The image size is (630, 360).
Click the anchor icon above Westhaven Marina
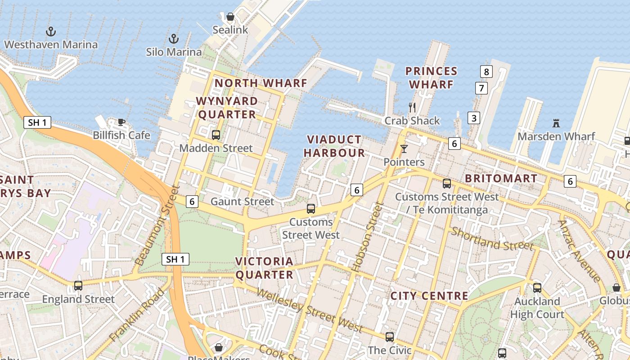pyautogui.click(x=51, y=31)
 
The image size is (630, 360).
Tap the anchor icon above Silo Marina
pyautogui.click(x=174, y=39)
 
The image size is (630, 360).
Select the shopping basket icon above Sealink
pyautogui.click(x=230, y=17)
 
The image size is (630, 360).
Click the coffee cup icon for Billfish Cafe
pyautogui.click(x=121, y=122)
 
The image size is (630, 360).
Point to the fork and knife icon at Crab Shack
pyautogui.click(x=412, y=107)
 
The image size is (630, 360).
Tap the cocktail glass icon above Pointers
pyautogui.click(x=404, y=148)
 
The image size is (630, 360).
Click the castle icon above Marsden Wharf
pyautogui.click(x=556, y=123)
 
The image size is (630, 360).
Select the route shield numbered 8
pyautogui.click(x=486, y=71)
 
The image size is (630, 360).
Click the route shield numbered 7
pyautogui.click(x=481, y=88)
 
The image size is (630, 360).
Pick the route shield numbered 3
pyautogui.click(x=473, y=118)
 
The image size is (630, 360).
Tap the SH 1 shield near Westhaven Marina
pyautogui.click(x=37, y=122)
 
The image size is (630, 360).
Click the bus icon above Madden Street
pyautogui.click(x=216, y=135)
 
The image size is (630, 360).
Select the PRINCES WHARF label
pyautogui.click(x=431, y=77)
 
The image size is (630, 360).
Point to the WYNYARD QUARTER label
pyautogui.click(x=227, y=108)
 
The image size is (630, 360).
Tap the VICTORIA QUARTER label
pyautogui.click(x=264, y=268)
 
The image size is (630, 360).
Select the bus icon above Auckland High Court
pyautogui.click(x=537, y=288)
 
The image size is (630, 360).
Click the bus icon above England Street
pyautogui.click(x=78, y=285)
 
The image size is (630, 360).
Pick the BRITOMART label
pyautogui.click(x=501, y=178)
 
